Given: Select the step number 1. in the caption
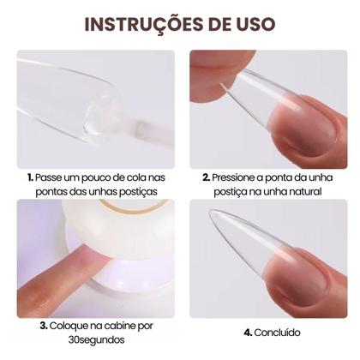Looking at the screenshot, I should [31, 178].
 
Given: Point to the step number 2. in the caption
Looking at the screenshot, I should [207, 178].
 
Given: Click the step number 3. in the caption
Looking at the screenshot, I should [44, 326].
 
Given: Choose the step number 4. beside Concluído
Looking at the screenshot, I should [248, 332].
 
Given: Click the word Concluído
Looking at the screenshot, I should [279, 332].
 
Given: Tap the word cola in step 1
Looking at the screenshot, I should [130, 178].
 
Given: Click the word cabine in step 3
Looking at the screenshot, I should [125, 326].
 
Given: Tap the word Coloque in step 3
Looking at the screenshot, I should [72, 326].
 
